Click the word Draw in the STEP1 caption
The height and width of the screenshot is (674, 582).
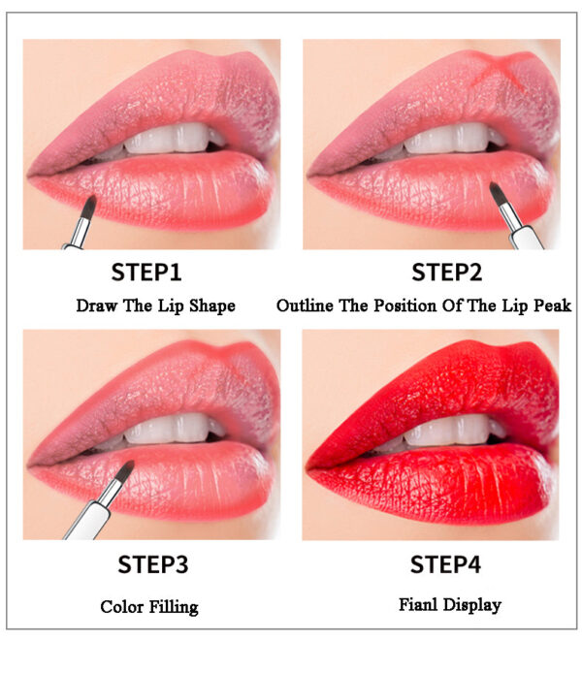pyautogui.click(x=97, y=305)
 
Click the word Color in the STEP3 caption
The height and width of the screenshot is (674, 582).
pyautogui.click(x=122, y=607)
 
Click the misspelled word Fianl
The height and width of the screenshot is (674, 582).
pyautogui.click(x=418, y=605)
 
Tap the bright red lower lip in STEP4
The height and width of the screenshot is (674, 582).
pyautogui.click(x=446, y=480)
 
